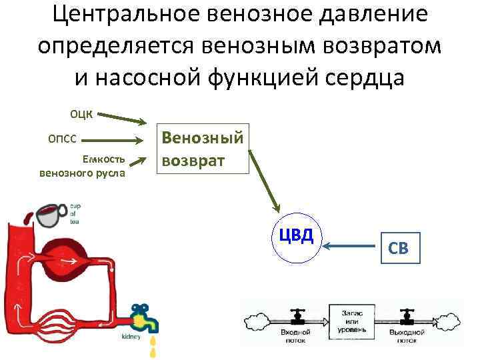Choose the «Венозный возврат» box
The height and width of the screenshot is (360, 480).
(203, 149)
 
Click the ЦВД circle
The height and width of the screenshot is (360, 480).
(296, 237)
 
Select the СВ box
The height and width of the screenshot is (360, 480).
(399, 248)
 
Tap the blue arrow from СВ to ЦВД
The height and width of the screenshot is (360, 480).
(352, 248)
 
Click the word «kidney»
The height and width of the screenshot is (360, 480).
(131, 337)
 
